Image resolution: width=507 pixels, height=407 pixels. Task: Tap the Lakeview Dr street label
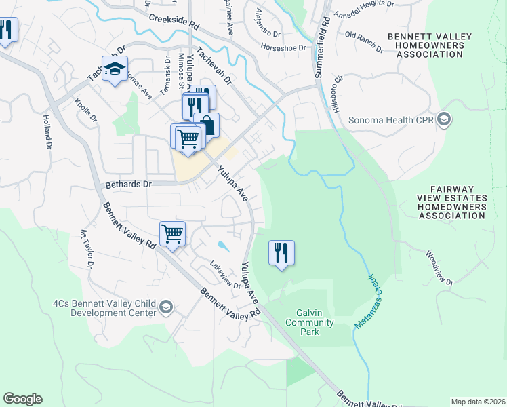tap(225, 275)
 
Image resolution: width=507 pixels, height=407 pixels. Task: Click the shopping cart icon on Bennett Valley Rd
tap(172, 234)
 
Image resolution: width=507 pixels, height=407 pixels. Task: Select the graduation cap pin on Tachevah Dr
tap(115, 69)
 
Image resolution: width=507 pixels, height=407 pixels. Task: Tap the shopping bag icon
tap(207, 125)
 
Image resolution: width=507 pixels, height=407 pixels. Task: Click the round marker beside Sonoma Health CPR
tap(444, 120)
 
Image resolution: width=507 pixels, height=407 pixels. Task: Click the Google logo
tap(22, 399)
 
